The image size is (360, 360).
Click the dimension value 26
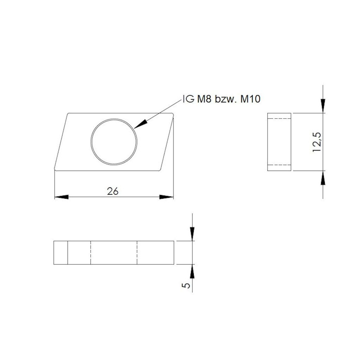coord(112,191)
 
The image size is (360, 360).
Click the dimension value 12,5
coord(317,142)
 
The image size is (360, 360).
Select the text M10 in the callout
coord(250,99)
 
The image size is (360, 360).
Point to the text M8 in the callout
coord(204,99)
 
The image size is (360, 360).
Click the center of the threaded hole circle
coord(114,142)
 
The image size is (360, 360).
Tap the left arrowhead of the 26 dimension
coord(61,197)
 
